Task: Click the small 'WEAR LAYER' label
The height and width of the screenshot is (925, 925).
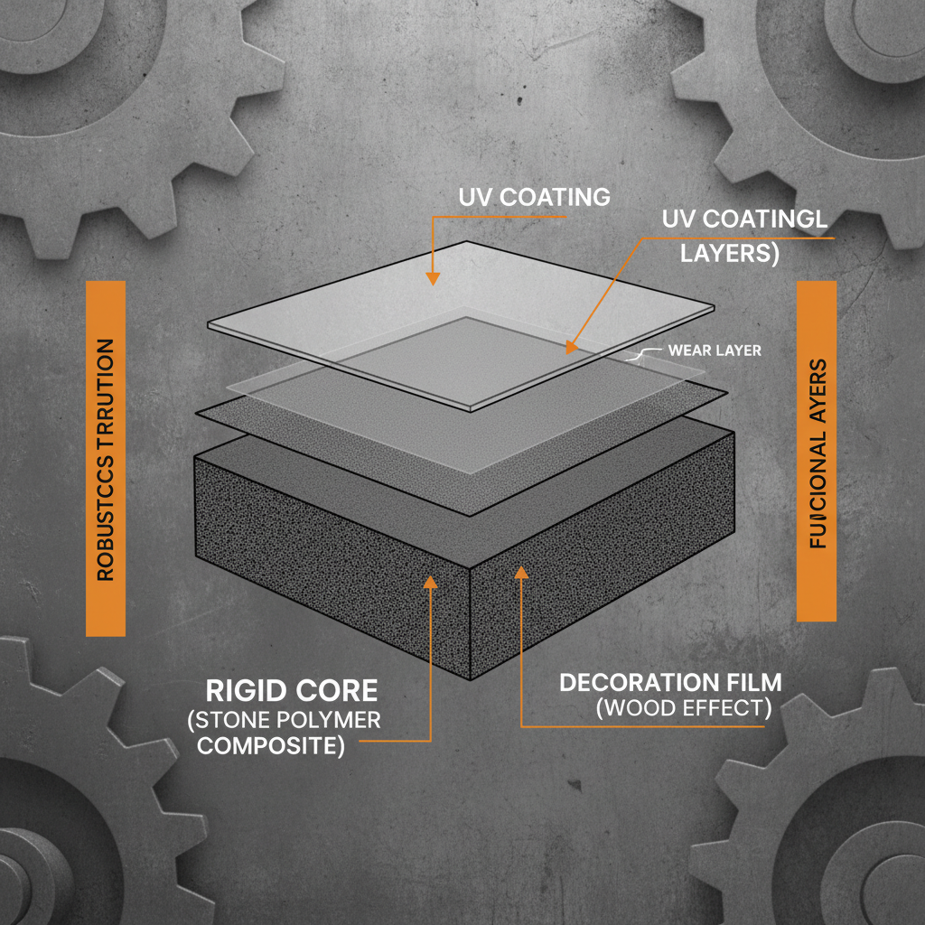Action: (x=714, y=350)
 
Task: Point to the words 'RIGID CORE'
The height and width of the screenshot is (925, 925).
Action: (x=291, y=692)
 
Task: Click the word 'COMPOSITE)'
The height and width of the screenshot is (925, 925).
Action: (x=271, y=747)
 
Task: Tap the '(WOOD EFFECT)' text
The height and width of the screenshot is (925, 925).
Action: (x=684, y=709)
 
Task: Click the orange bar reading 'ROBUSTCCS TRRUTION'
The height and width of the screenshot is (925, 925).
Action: (x=105, y=459)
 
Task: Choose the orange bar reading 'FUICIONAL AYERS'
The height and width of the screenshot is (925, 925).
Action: (x=818, y=452)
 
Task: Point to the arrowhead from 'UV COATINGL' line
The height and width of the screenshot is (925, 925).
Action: (x=570, y=346)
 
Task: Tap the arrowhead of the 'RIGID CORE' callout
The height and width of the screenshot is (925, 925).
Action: (x=431, y=583)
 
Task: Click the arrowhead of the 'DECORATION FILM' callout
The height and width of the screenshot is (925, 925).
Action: (x=521, y=571)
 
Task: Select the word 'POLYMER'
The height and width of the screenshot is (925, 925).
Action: (x=334, y=721)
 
